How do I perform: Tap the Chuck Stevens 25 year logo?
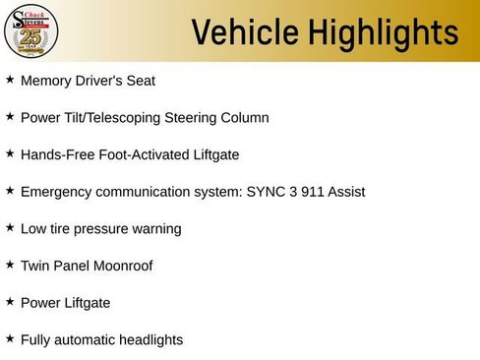(30, 31)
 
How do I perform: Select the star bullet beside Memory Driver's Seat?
(10, 79)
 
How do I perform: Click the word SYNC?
(259, 192)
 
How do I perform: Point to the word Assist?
(345, 192)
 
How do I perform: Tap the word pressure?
(102, 229)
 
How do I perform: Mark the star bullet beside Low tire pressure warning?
(10, 227)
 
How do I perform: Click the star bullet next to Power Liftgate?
(10, 301)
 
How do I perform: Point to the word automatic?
(86, 340)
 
